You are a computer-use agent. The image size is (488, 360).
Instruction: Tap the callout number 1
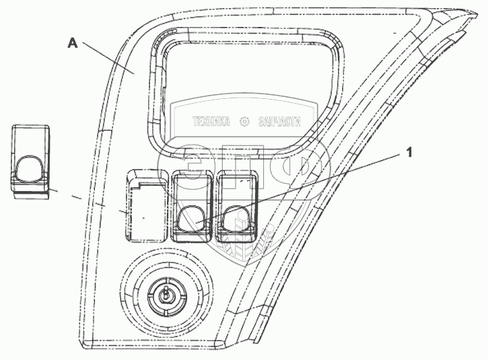point(408,153)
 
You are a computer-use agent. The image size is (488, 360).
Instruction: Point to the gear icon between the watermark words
point(244,122)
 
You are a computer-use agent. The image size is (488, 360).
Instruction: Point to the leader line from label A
point(108,58)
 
